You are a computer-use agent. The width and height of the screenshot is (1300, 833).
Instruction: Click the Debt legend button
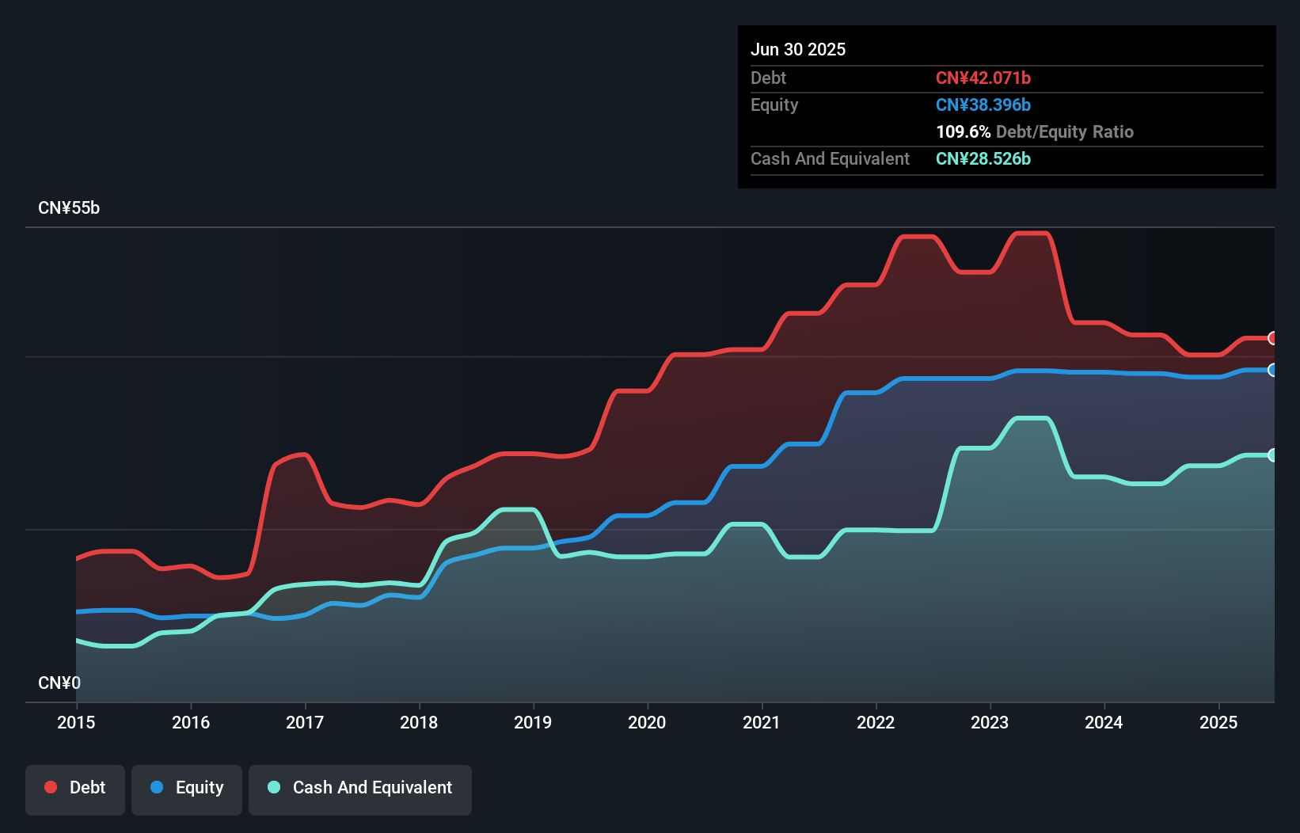75,789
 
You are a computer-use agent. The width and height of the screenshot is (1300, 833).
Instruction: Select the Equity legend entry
187,789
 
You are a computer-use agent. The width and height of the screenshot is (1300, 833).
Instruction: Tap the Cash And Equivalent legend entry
360,789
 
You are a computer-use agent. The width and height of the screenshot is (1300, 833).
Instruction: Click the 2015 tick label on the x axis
76,722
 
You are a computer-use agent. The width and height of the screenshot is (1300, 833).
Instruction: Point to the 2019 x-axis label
533,722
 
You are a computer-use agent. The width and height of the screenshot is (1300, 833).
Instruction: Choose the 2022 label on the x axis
876,722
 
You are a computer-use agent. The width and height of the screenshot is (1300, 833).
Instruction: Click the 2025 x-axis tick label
1218,722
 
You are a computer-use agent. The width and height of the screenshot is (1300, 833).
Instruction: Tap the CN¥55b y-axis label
69,208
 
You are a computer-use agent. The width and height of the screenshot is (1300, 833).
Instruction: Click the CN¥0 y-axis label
59,683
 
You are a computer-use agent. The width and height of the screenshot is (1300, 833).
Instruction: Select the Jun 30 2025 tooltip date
798,50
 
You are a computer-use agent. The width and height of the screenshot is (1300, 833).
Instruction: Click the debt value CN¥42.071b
983,78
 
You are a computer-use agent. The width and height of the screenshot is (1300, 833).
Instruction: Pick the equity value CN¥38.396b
983,105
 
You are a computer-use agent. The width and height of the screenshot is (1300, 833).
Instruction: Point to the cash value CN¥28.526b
983,159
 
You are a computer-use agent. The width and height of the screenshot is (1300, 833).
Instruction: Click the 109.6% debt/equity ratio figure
964,132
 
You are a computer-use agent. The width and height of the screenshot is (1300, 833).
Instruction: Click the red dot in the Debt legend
51,787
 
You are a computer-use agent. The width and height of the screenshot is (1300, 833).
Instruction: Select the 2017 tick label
305,722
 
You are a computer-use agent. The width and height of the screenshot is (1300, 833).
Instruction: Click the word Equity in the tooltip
774,105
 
